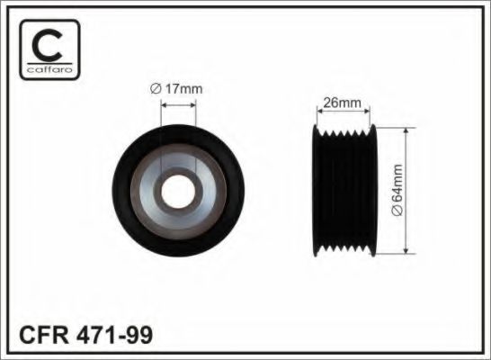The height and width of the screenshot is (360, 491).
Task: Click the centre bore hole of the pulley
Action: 177,191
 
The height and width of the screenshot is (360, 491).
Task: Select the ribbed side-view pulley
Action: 344,191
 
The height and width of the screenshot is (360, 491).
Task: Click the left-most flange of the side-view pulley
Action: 314,191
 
